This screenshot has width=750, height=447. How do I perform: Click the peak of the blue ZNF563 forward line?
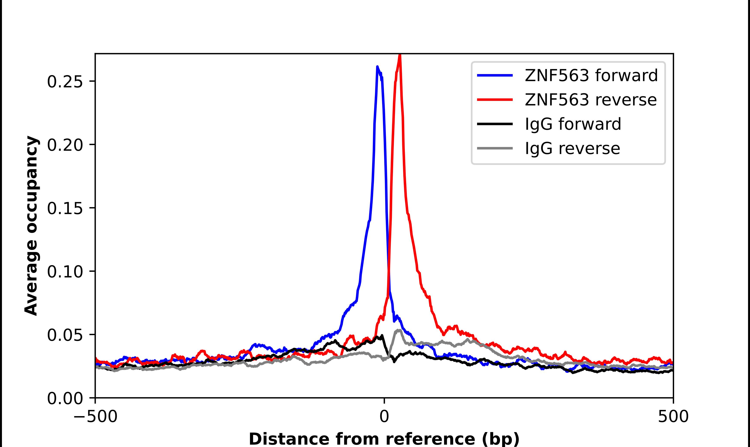[377, 67]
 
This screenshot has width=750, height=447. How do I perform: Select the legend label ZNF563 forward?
[591, 75]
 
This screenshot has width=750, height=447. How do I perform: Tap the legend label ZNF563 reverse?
[590, 100]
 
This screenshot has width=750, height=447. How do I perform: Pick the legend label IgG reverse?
[572, 148]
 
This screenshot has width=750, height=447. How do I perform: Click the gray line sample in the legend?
[495, 148]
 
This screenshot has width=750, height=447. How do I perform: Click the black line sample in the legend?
[495, 124]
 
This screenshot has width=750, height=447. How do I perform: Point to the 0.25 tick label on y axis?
[65, 82]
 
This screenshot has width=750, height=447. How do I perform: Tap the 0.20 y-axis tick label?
[65, 145]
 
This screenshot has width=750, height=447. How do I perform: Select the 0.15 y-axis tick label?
[65, 208]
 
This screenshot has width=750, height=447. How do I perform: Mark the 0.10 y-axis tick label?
[65, 271]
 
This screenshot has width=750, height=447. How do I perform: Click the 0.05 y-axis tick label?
[65, 335]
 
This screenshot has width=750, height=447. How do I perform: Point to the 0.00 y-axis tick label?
[65, 398]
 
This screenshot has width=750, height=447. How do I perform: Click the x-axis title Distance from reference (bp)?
[384, 439]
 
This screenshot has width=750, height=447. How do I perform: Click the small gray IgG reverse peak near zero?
[398, 330]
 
